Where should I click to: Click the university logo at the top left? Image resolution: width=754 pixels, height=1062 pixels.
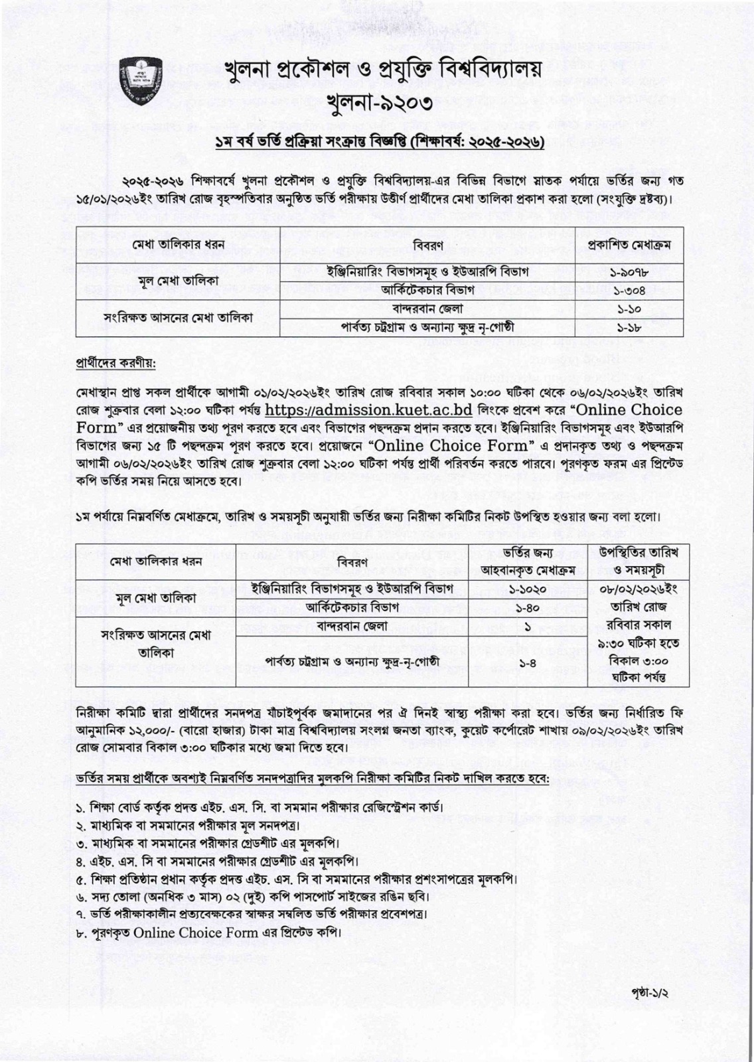point(142,82)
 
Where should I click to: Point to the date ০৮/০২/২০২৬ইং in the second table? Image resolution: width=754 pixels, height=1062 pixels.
point(638,589)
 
